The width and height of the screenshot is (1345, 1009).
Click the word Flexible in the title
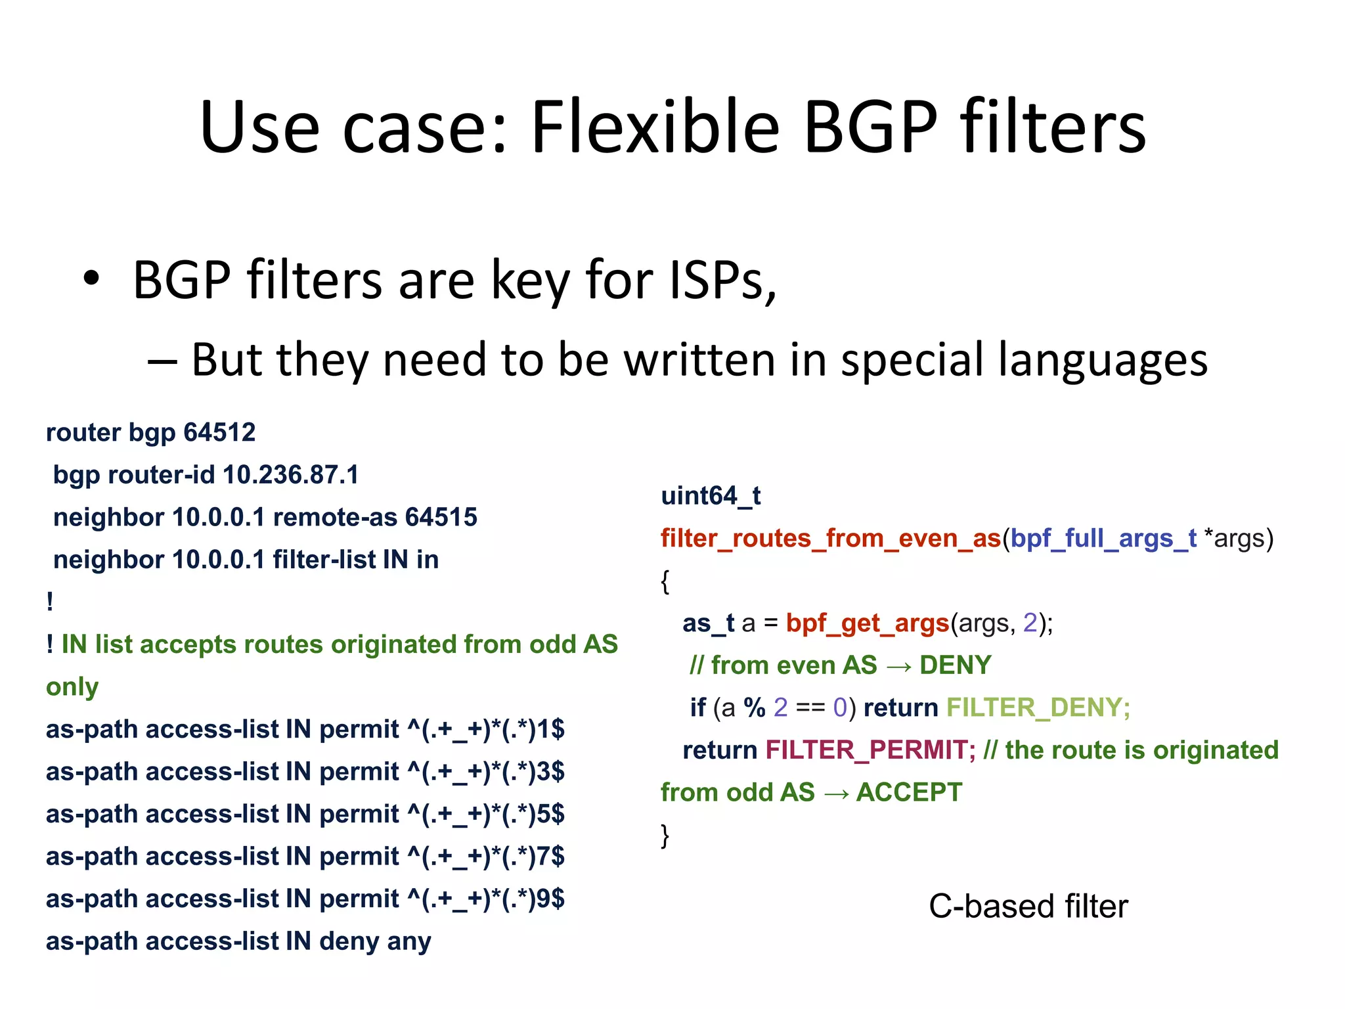click(x=655, y=127)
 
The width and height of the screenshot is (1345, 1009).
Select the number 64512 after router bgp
click(x=219, y=433)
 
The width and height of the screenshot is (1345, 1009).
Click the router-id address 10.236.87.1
click(x=291, y=475)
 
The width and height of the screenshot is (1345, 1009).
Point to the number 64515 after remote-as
click(x=441, y=518)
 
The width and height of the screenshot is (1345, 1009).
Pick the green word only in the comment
click(x=72, y=687)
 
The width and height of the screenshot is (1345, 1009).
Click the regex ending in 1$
click(x=486, y=730)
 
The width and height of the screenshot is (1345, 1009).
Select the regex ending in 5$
click(x=486, y=815)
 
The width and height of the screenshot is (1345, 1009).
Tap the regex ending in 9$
click(x=486, y=899)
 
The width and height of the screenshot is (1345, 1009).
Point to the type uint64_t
click(x=711, y=496)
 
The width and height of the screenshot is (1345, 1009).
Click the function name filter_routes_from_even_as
click(x=831, y=539)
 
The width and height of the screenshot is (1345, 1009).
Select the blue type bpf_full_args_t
click(x=1103, y=539)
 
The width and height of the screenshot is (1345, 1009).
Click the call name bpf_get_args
click(x=868, y=623)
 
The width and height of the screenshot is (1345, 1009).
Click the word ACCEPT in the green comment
click(x=909, y=793)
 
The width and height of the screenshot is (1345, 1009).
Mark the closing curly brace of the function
click(x=665, y=836)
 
